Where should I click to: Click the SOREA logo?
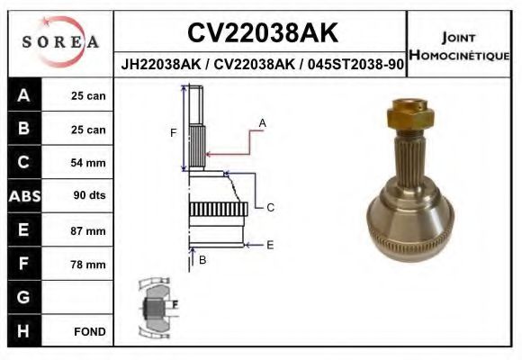(x=60, y=41)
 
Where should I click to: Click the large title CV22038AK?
(x=262, y=32)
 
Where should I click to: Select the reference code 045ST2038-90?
(x=355, y=64)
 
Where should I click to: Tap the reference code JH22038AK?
(x=161, y=64)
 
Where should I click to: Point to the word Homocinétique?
(x=459, y=55)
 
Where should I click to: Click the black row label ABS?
(x=24, y=196)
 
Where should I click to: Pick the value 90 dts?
(x=89, y=195)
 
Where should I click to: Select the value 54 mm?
(x=88, y=163)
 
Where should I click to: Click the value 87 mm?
(x=88, y=230)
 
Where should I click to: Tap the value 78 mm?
(x=88, y=265)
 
